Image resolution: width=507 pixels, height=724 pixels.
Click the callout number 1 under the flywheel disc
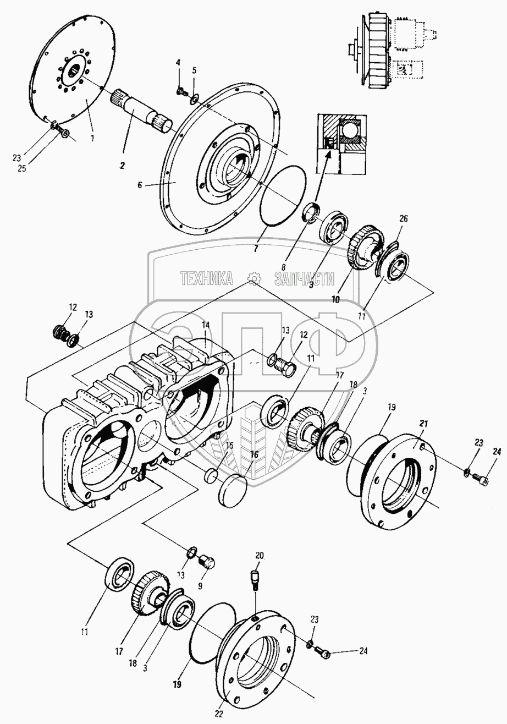(92, 137)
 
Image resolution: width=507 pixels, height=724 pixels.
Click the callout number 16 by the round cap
(254, 454)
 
